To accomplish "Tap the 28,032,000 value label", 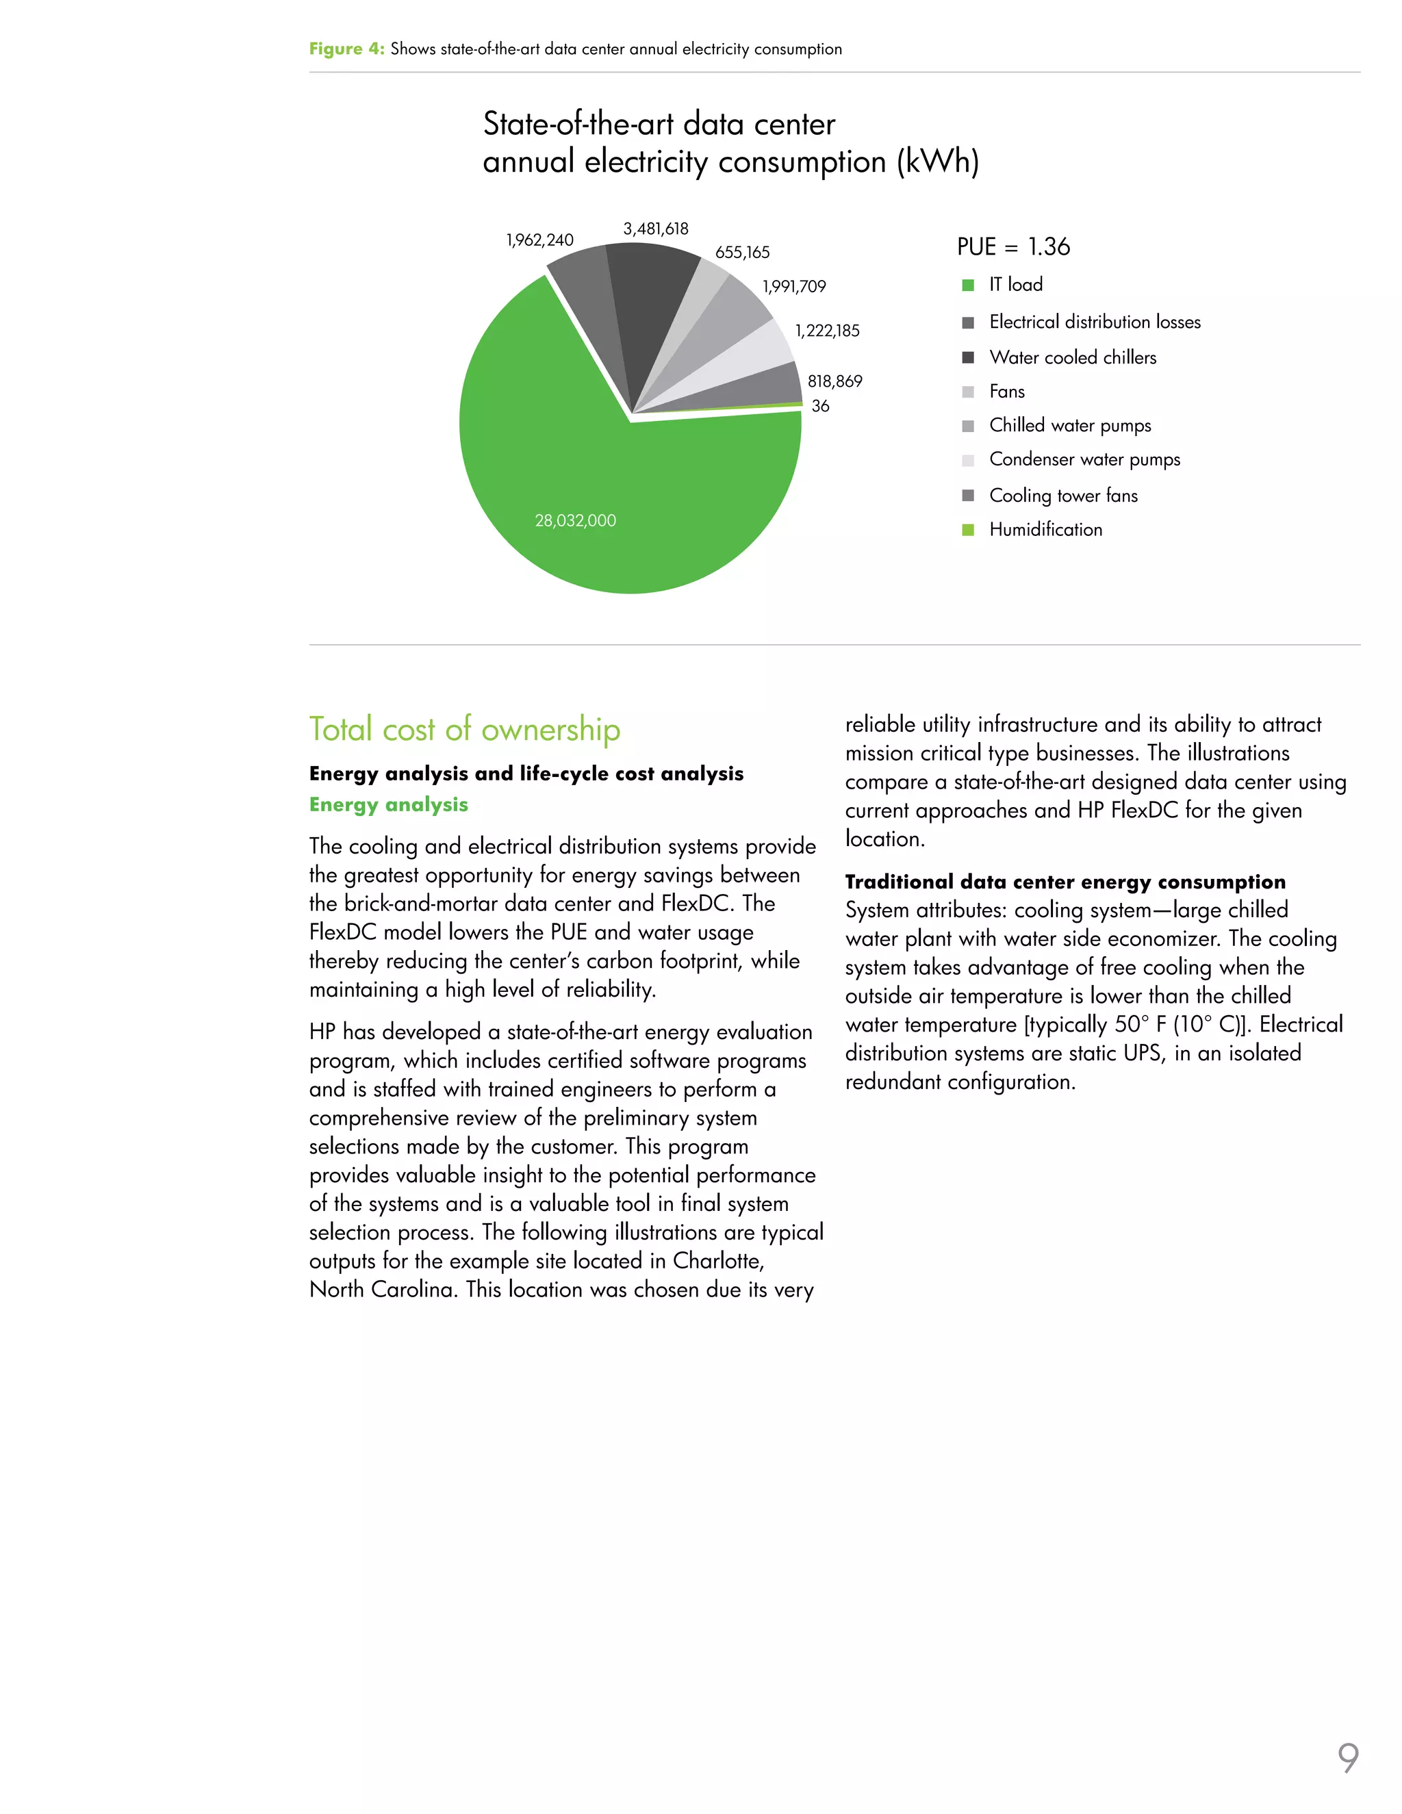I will (575, 521).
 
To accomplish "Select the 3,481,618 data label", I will (655, 229).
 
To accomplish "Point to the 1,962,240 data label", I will (540, 240).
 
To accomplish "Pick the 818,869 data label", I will (834, 381).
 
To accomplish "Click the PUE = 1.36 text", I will (1012, 246).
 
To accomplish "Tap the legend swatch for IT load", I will (967, 285).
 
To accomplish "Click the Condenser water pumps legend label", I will (1084, 459).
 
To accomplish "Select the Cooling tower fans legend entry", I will (1062, 496).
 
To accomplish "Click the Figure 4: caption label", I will (346, 49).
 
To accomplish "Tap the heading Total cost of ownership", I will (464, 729).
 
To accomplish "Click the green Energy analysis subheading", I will (388, 805).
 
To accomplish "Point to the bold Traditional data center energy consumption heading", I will (1065, 882).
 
